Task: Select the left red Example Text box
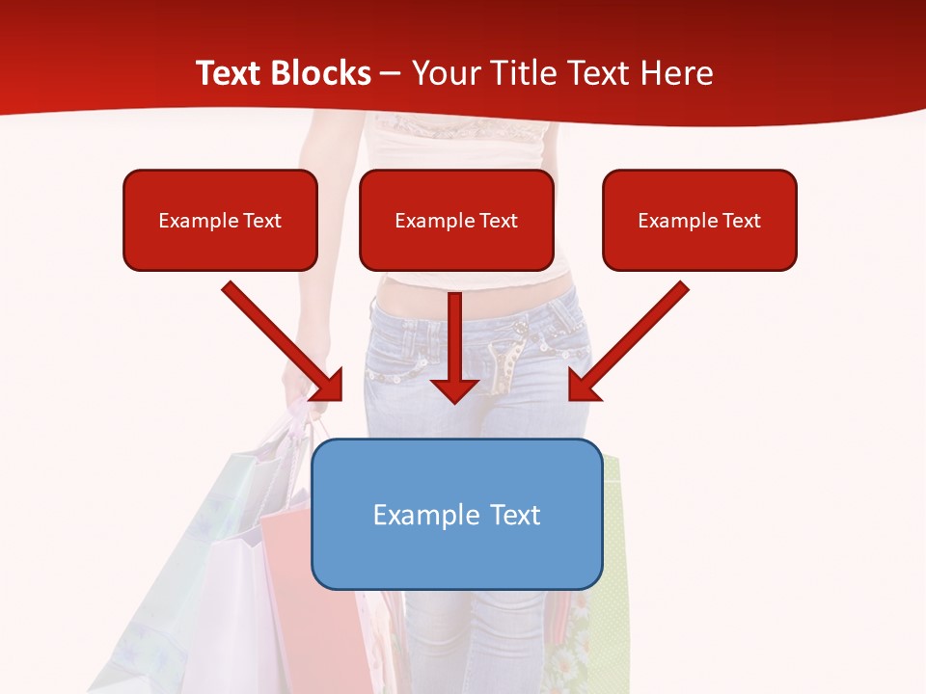[x=220, y=220]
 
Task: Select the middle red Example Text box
[x=456, y=220]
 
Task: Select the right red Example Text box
[x=699, y=220]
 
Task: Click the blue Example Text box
[x=457, y=515]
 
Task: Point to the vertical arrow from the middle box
[x=454, y=337]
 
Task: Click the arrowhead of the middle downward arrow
[x=454, y=389]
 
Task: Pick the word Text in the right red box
[x=741, y=220]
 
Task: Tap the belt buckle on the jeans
[x=503, y=366]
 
